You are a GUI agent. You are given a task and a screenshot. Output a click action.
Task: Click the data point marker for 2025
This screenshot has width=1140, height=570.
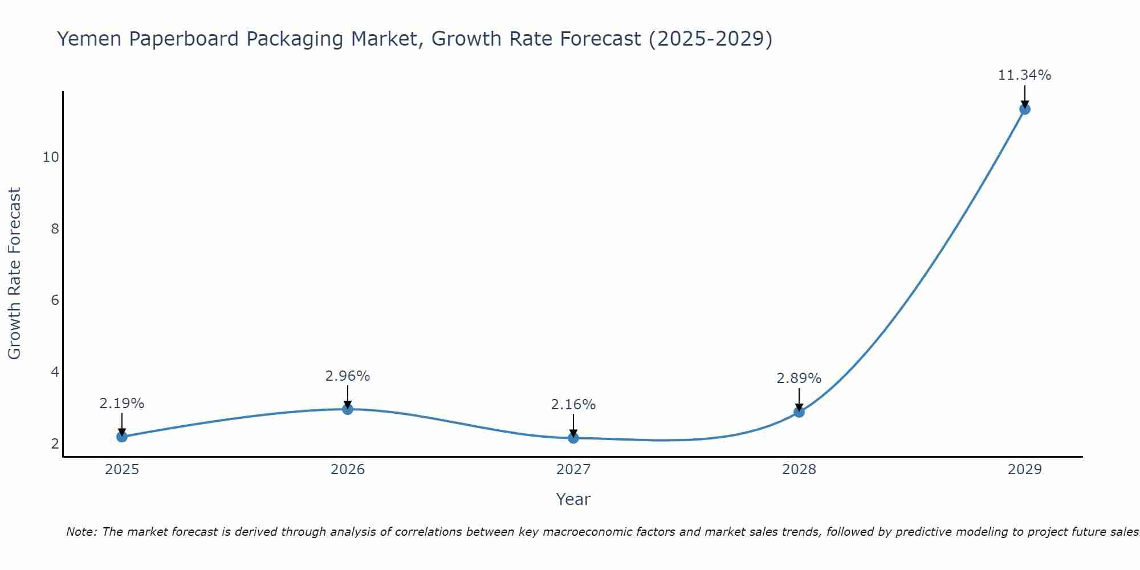tap(121, 437)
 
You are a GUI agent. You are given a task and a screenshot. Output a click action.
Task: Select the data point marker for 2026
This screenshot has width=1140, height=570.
tap(348, 409)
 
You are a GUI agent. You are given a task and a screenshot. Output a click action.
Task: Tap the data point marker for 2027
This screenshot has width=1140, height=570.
tap(573, 438)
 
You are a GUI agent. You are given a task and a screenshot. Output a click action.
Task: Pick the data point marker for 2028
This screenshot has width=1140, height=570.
tap(799, 412)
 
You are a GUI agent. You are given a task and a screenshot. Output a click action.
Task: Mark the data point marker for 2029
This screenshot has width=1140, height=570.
tap(1024, 109)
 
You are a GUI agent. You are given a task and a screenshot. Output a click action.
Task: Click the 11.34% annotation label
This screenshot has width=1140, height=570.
tap(1024, 75)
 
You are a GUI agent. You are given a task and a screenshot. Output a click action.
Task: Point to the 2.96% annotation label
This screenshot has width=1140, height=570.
tap(348, 376)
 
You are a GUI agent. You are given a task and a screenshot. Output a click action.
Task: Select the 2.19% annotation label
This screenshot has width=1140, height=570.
tap(121, 404)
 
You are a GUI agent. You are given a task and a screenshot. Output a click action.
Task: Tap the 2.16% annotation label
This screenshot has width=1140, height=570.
tap(573, 405)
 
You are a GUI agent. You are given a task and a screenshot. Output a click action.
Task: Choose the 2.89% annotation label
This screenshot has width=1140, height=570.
tap(799, 378)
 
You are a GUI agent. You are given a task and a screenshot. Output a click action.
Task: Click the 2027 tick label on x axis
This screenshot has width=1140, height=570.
tap(573, 470)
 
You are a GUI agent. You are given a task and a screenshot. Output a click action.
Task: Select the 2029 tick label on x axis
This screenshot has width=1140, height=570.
tap(1024, 470)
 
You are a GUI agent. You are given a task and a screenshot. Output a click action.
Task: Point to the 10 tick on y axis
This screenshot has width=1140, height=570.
tap(51, 157)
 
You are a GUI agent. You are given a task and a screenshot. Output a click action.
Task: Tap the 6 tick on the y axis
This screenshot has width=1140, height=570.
tap(55, 300)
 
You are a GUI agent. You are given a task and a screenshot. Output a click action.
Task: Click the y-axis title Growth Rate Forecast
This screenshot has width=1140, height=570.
tap(14, 274)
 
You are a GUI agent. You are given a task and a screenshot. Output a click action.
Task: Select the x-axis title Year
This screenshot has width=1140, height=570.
tap(573, 499)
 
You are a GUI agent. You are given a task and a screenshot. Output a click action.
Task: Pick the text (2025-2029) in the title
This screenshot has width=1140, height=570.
tap(710, 39)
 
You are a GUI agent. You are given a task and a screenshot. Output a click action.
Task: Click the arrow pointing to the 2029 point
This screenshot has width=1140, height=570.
tap(1024, 96)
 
